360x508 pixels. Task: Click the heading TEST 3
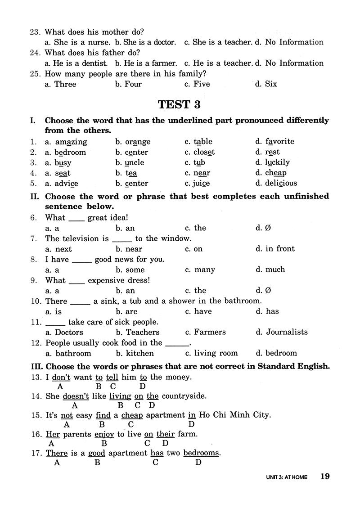[x=179, y=105]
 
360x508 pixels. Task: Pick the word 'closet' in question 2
[x=204, y=152]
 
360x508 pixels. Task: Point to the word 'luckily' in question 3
[x=278, y=162]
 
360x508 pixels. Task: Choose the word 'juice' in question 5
[x=202, y=184]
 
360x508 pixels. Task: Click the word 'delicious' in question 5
[x=281, y=183]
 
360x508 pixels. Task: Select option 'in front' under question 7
[x=280, y=249]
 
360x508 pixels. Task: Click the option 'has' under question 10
[x=272, y=311]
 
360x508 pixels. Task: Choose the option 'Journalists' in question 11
[x=287, y=333]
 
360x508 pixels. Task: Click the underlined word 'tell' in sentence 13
[x=112, y=377]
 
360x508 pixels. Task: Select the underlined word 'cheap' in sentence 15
[x=132, y=415]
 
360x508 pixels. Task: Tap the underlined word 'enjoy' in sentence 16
[x=104, y=434]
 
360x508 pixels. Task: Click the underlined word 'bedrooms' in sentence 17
[x=201, y=453]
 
